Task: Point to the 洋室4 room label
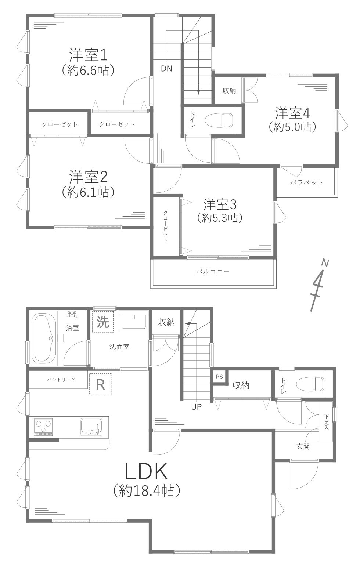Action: tap(292, 113)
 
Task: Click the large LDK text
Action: tap(146, 472)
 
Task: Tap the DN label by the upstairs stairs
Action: tap(166, 69)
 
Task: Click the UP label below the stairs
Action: tap(196, 406)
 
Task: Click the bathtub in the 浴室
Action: tap(44, 338)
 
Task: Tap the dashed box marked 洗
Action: tap(103, 322)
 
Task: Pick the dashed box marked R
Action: tap(100, 384)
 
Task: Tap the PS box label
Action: tap(219, 377)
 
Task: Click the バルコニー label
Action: tap(213, 272)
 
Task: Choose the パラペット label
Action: tap(306, 182)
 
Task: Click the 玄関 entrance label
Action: tap(303, 447)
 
